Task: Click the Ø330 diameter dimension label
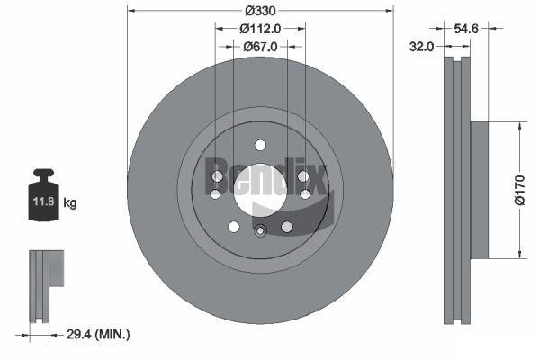pos(260,11)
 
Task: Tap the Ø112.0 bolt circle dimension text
pos(260,29)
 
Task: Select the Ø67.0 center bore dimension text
pos(260,47)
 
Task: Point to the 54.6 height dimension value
pos(466,29)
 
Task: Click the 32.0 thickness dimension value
pos(421,46)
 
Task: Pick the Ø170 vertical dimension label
pos(520,190)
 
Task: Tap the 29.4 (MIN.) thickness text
pos(98,334)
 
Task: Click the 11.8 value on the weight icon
pos(44,202)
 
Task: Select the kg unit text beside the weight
pos(70,202)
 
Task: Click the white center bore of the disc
pos(260,190)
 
